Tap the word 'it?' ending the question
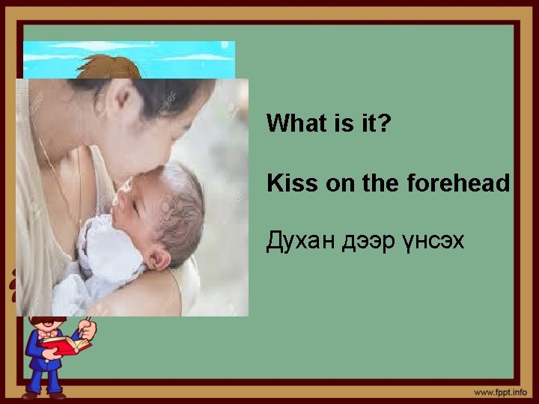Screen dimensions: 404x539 point(375,123)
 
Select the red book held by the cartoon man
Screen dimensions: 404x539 point(66,344)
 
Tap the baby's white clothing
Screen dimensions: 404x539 point(105,258)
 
